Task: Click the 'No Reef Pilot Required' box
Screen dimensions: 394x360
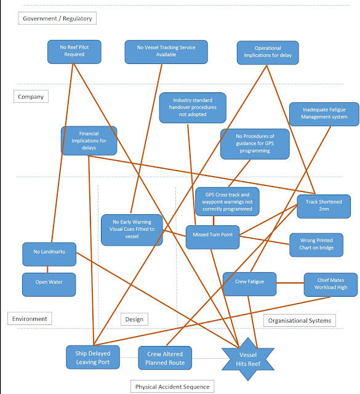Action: point(73,51)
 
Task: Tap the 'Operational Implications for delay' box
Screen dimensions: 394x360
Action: point(268,52)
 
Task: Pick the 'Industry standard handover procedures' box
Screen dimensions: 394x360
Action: point(192,108)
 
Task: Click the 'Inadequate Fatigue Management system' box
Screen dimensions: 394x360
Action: point(324,114)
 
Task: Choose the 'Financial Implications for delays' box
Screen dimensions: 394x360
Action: point(89,140)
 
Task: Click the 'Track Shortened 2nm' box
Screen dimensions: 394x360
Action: point(323,207)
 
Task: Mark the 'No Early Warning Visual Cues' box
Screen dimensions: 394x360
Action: point(132,230)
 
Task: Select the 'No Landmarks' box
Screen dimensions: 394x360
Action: point(49,252)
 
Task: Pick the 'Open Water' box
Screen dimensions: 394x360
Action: point(49,284)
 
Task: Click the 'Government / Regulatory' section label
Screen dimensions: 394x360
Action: point(57,18)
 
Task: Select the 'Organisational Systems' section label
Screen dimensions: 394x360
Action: point(300,320)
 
